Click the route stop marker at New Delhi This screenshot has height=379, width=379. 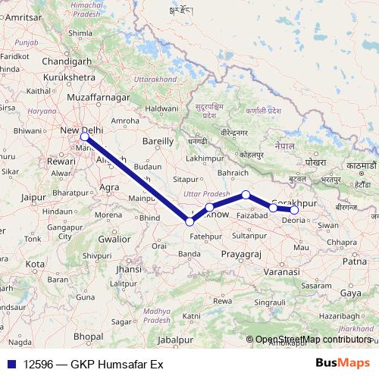[85, 137]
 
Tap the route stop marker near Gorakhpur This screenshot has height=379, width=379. [294, 210]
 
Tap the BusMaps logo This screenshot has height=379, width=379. [343, 363]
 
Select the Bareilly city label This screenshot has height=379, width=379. [158, 141]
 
